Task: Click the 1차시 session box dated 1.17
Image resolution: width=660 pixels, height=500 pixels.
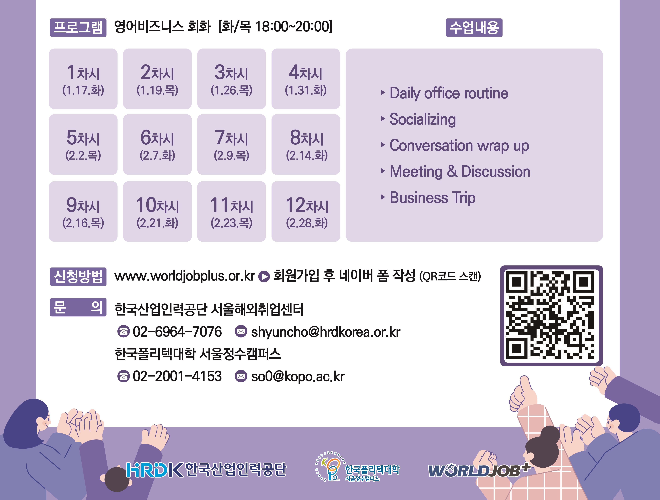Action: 83,79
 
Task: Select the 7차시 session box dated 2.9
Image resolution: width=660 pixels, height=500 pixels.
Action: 231,144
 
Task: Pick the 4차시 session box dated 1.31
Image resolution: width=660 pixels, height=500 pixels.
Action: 306,79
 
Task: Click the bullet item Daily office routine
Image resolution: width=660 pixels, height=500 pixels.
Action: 445,93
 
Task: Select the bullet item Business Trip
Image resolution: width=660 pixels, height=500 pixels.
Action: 428,198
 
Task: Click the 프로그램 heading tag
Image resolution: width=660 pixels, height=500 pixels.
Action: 78,28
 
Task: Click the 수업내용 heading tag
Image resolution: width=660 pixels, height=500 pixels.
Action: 474,28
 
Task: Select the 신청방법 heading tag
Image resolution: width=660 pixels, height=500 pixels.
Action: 78,277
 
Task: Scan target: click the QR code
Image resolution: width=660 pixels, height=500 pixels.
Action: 551,316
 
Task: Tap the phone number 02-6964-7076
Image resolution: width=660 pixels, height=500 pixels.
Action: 177,332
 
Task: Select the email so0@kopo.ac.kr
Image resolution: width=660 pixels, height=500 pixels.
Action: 298,377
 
